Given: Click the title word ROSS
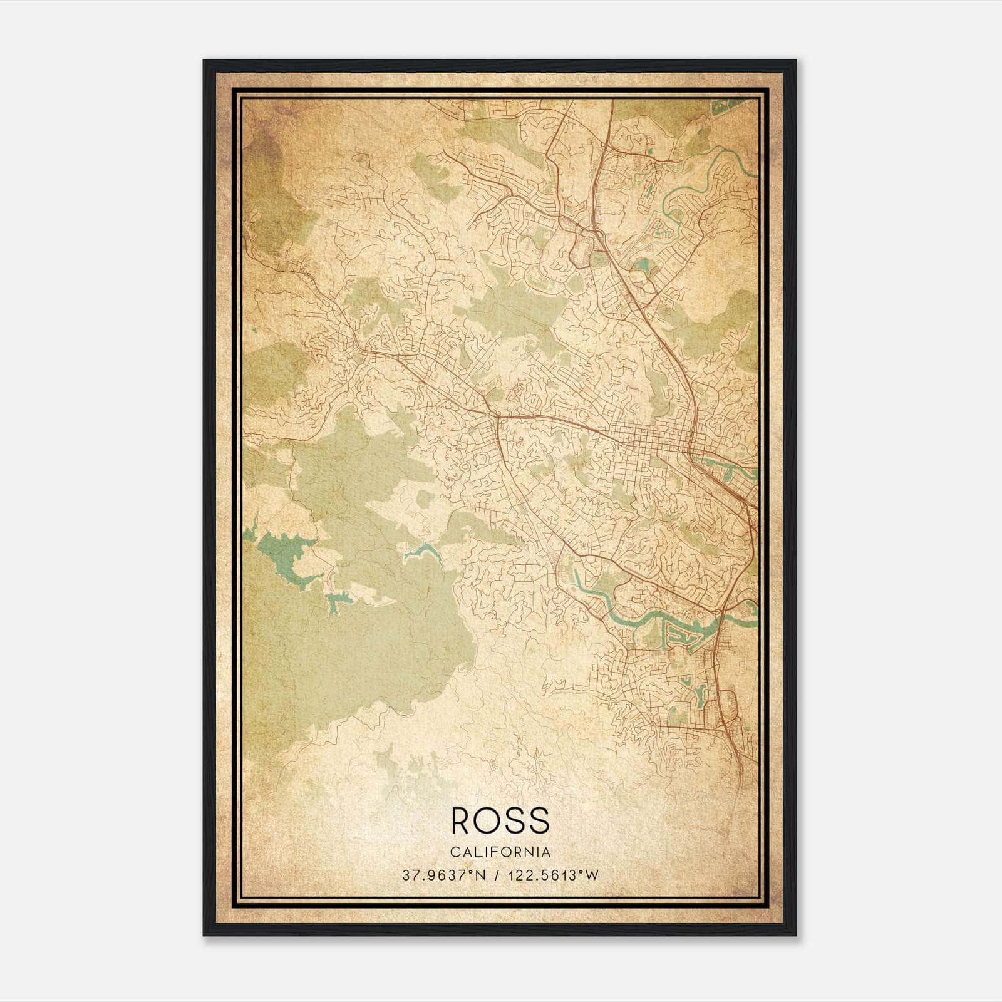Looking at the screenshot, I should (x=500, y=820).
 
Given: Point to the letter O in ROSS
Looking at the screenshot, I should (x=490, y=820).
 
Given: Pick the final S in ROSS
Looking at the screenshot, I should (x=539, y=820).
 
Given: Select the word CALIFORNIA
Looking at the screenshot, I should (x=500, y=852).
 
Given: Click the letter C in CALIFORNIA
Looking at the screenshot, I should (x=453, y=852).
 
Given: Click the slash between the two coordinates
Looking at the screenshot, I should (x=497, y=875).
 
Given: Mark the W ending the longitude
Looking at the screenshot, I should (x=592, y=875).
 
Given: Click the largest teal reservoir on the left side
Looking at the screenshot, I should (x=285, y=554).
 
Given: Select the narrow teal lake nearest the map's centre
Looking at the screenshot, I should (x=421, y=551).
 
